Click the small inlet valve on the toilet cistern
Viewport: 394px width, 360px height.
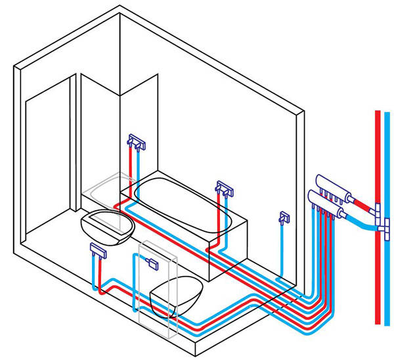tap(152, 263)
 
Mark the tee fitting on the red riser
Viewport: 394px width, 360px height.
tap(378, 210)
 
